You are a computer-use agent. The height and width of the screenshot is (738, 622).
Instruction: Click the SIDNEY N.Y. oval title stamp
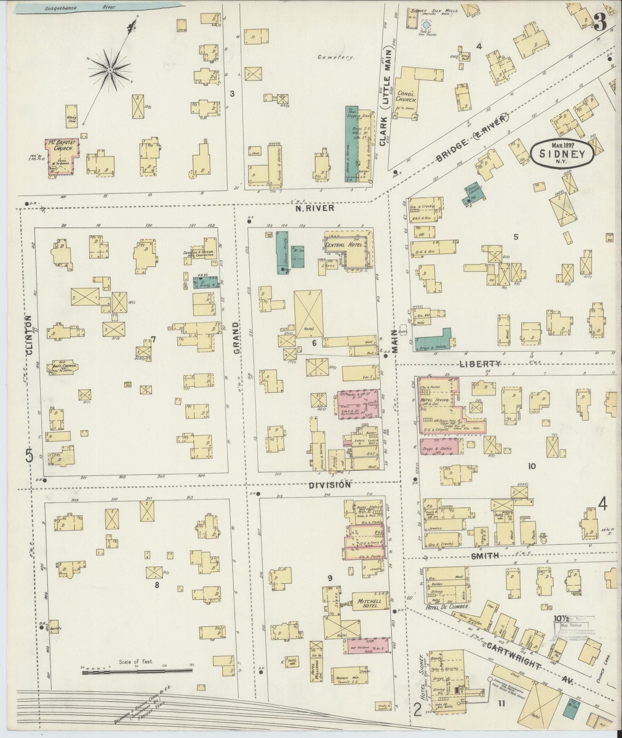562,153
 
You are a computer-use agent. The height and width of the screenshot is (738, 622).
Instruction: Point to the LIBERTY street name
480,364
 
